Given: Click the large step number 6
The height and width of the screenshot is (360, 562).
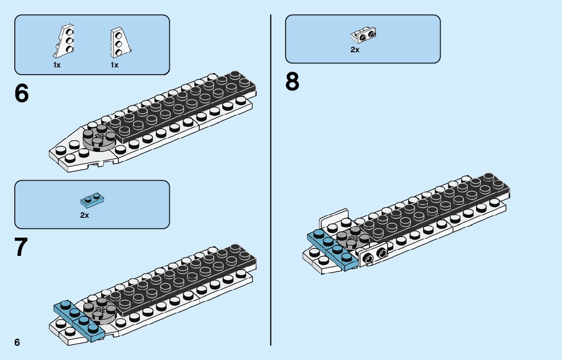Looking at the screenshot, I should coord(22,93).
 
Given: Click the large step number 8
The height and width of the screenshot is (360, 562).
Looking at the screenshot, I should coord(292,82).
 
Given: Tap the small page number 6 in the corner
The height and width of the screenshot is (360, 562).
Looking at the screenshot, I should coord(17,342).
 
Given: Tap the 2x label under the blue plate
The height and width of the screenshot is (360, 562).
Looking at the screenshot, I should coord(84,215).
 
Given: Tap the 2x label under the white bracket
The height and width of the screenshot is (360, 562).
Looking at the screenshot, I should coord(355,50).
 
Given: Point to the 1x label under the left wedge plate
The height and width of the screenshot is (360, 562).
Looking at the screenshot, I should coord(57,65).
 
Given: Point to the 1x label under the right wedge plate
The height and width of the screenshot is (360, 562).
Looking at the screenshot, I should coord(114,65).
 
